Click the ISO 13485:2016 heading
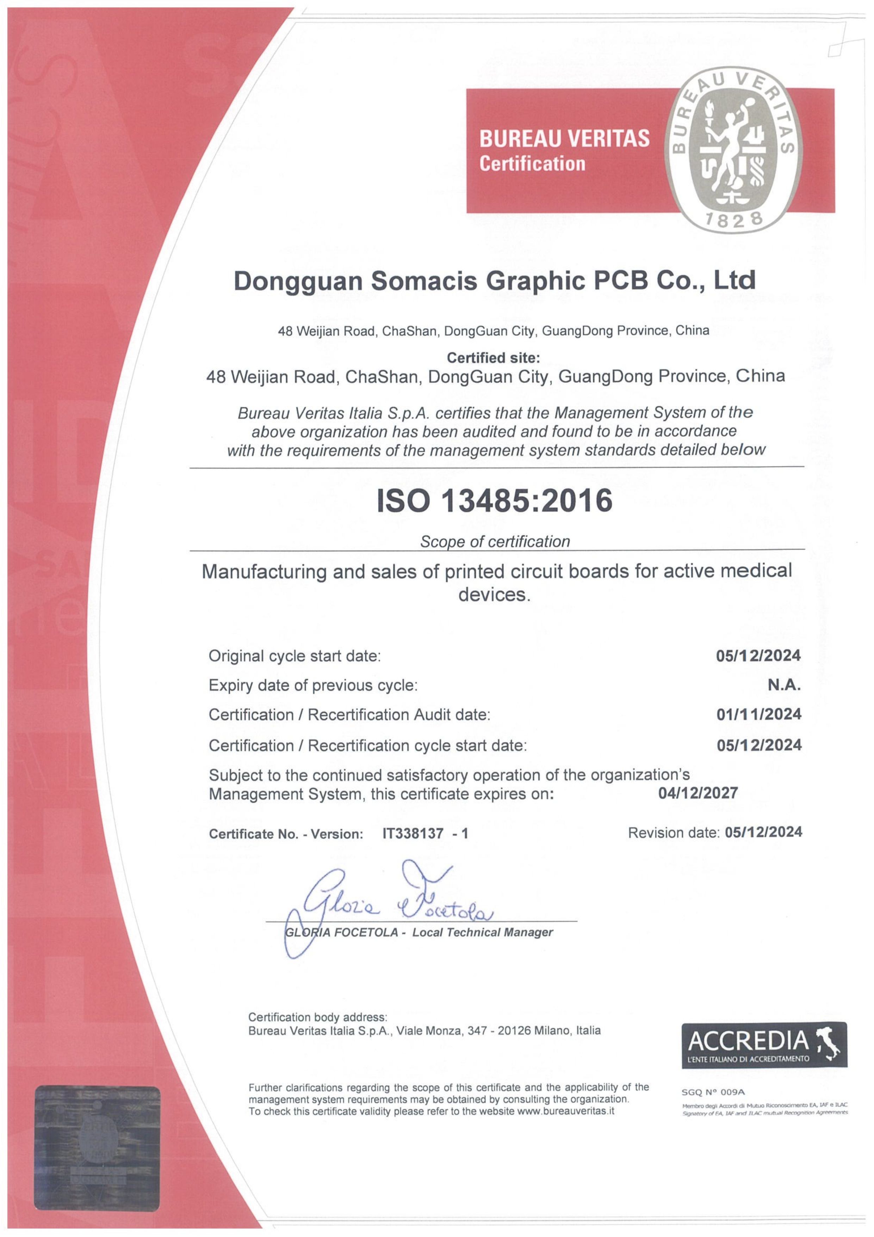pos(494,500)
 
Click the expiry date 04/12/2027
pos(698,793)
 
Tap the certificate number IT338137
pos(413,833)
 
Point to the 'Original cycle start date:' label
pos(295,656)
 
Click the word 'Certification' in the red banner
pos(532,163)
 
